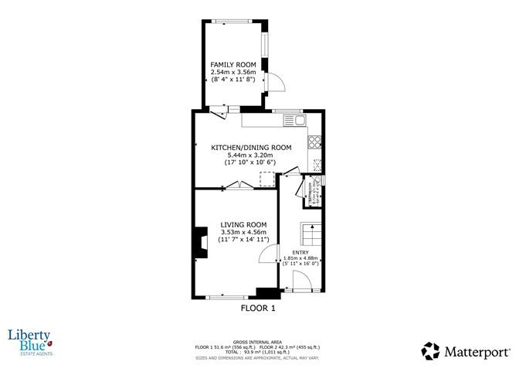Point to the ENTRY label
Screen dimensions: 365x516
click(300, 251)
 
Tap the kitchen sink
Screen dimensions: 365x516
click(293, 120)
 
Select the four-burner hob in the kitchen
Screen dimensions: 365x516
click(314, 142)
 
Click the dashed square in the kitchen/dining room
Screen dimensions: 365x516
click(266, 179)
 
